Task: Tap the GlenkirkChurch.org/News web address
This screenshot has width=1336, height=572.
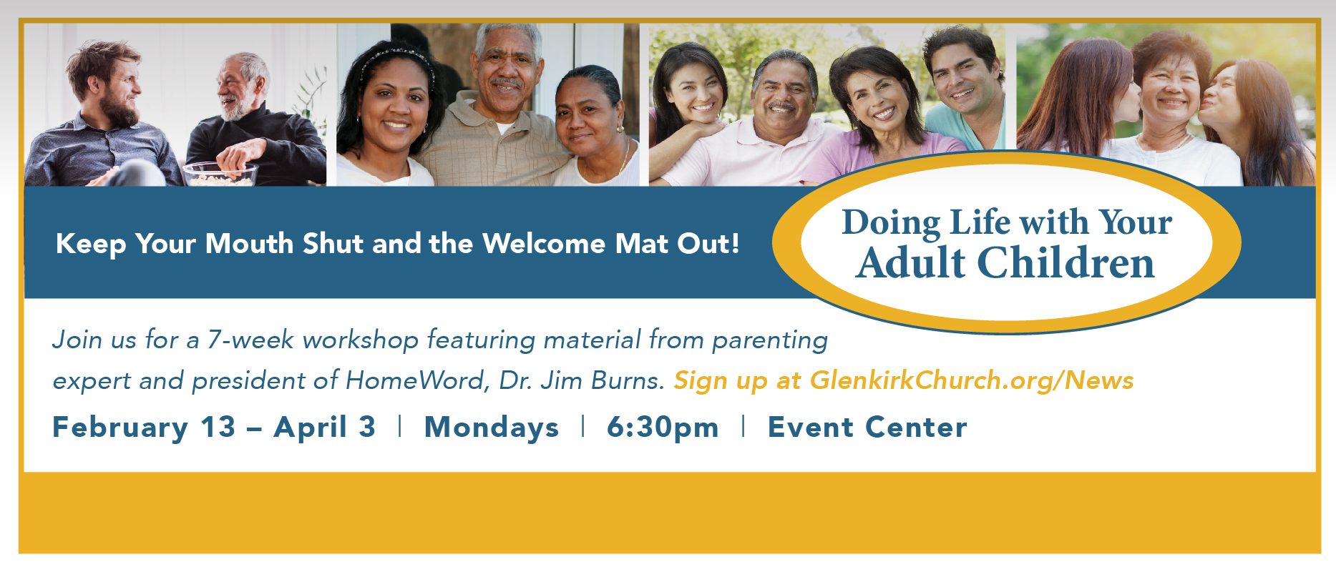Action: tap(972, 380)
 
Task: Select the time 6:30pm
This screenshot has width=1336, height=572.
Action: tap(663, 428)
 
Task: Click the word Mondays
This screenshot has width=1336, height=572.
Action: tap(492, 428)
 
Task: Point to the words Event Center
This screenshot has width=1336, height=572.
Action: tap(867, 428)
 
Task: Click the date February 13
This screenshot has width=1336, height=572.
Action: tap(144, 428)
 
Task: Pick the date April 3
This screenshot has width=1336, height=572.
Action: tap(325, 428)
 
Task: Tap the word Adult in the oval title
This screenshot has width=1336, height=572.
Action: tap(911, 263)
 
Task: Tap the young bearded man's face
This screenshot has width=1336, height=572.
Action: tap(114, 85)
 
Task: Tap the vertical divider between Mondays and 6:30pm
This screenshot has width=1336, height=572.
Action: tap(583, 426)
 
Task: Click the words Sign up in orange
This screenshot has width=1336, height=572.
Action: tap(721, 381)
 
